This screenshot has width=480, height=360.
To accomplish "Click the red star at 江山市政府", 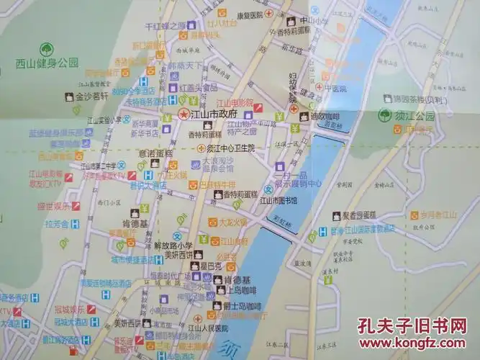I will point(184,115).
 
